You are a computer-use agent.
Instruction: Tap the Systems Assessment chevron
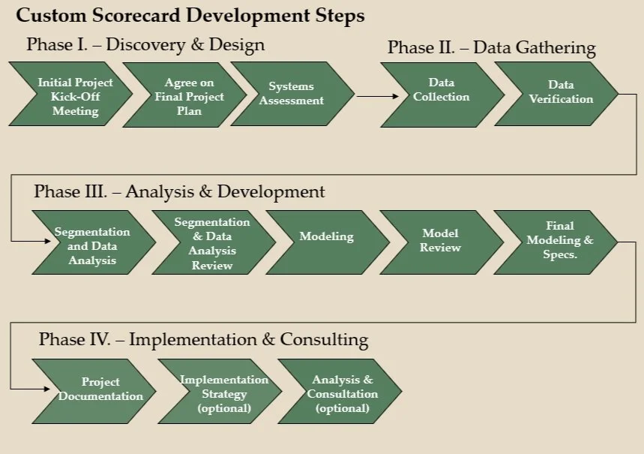[x=291, y=94]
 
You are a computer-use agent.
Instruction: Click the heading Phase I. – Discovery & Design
[x=145, y=44]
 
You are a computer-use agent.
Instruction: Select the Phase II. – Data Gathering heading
[x=491, y=48]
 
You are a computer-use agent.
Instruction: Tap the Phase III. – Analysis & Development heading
[x=179, y=191]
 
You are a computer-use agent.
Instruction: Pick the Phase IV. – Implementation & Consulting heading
[x=203, y=339]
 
